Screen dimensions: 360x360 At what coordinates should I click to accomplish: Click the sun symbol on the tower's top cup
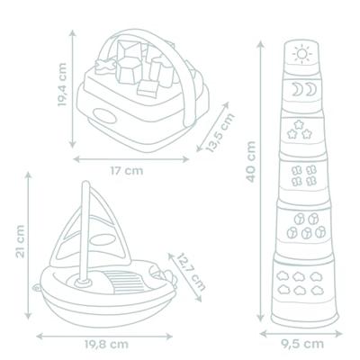coord(301,56)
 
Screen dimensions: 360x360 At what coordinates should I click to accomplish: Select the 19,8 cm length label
coord(106,342)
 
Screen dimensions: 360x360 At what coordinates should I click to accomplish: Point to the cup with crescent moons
coord(301,91)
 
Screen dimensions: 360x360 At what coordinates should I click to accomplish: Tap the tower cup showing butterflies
coord(301,176)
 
